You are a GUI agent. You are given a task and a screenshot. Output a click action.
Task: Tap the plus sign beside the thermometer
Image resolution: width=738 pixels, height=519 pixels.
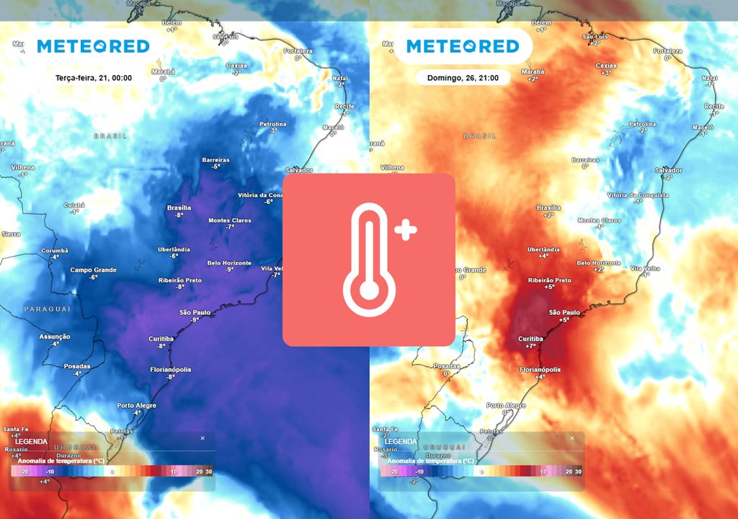(x=406, y=231)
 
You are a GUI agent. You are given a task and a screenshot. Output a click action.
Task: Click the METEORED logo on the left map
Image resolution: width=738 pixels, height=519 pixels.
(x=93, y=46)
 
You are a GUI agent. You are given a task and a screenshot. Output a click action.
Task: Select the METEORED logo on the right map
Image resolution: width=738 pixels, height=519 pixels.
(x=463, y=46)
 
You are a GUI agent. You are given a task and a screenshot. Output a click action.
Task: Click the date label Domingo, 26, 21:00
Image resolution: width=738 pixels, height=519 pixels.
(x=462, y=76)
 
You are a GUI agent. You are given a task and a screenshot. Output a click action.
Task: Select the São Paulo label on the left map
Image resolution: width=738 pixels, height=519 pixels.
(x=195, y=312)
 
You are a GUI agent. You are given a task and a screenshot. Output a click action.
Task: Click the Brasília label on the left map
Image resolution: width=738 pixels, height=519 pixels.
(x=179, y=208)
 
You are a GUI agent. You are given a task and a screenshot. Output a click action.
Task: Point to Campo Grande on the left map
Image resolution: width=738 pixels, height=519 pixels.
(x=92, y=270)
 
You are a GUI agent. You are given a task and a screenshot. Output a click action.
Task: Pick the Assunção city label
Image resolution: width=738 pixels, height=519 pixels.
(x=55, y=337)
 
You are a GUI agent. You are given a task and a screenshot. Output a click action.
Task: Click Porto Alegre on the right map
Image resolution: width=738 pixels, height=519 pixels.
(x=506, y=406)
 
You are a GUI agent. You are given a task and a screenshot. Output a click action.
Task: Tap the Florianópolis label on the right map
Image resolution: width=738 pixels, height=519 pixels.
(x=542, y=369)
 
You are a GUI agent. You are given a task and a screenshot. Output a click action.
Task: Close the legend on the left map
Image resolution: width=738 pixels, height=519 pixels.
(x=203, y=438)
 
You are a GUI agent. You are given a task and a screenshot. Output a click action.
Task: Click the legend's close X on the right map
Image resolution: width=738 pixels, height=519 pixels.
(x=572, y=438)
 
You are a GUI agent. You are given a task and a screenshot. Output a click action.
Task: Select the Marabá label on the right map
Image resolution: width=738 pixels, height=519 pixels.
(x=533, y=71)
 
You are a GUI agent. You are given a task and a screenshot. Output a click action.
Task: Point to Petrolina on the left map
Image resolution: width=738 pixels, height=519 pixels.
(x=272, y=124)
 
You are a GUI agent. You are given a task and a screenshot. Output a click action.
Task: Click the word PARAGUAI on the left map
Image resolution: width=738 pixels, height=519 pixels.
(x=48, y=309)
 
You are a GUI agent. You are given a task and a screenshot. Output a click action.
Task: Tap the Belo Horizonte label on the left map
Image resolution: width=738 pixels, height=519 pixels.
(x=229, y=263)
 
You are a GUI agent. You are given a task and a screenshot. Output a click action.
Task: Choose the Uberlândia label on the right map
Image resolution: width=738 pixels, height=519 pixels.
(x=543, y=249)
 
